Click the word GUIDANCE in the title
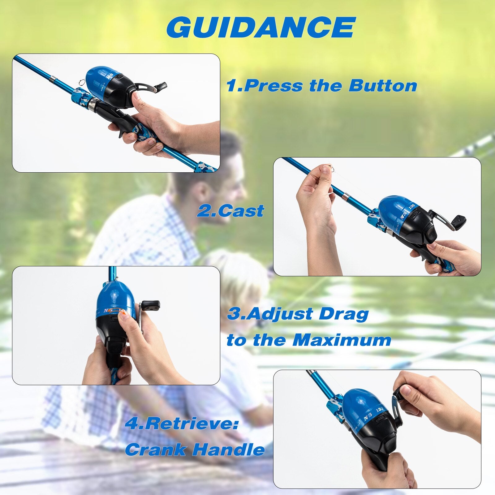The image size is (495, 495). click(261, 27)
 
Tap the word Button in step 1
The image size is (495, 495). click(383, 85)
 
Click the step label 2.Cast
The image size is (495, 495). click(230, 211)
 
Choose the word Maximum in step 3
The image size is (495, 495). click(342, 340)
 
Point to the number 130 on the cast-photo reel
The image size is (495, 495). click(412, 207)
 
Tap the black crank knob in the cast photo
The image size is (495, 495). click(459, 220)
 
